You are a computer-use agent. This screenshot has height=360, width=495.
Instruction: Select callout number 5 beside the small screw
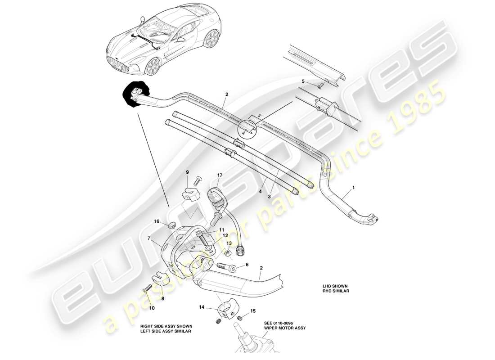click(303, 81)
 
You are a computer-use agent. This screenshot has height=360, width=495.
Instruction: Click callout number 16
click(157, 221)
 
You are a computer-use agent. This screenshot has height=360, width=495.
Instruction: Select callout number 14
click(201, 307)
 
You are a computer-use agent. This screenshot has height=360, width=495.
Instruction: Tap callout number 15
click(252, 310)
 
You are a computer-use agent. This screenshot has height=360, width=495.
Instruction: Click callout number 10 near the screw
click(152, 308)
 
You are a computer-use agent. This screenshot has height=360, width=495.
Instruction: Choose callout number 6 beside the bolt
click(247, 265)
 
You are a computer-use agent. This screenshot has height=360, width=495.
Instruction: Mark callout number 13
click(229, 243)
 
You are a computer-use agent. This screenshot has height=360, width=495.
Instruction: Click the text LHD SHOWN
click(335, 286)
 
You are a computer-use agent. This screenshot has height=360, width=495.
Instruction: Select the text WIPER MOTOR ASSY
click(285, 328)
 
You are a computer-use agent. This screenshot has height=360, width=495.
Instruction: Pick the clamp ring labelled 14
click(226, 310)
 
